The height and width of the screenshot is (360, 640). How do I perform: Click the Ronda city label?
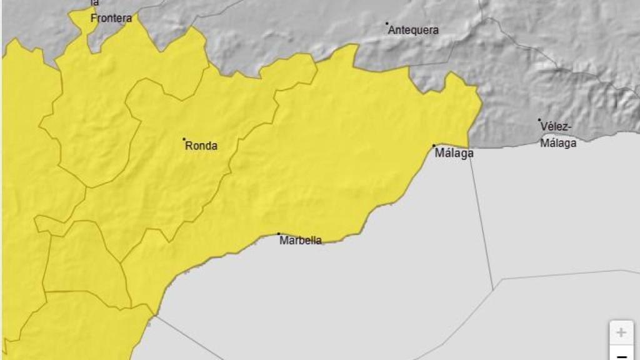[201, 146]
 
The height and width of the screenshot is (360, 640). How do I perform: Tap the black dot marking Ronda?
[184, 139]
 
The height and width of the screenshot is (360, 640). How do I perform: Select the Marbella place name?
[301, 241]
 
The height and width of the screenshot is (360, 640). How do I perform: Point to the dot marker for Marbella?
[279, 234]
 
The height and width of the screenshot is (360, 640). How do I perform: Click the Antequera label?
[414, 30]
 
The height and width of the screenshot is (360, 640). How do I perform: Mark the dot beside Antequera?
[387, 24]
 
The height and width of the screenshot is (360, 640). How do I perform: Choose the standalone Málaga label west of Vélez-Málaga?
[454, 153]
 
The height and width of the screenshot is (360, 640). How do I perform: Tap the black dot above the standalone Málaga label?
[434, 146]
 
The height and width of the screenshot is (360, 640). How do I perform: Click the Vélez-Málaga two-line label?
[558, 134]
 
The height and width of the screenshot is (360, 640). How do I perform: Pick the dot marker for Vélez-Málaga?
[539, 120]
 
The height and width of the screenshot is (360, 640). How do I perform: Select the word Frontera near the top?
[111, 19]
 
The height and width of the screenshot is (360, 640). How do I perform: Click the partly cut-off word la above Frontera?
[94, 3]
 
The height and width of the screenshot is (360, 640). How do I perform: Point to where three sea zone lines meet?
[493, 288]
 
